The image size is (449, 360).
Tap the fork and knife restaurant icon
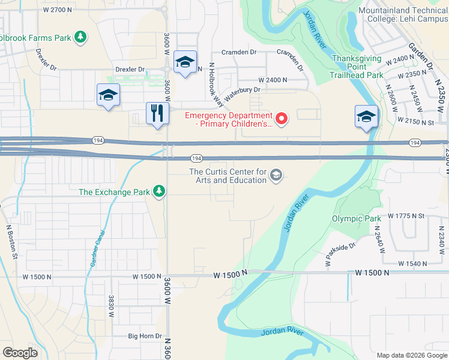157,112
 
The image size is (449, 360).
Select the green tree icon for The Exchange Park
159,191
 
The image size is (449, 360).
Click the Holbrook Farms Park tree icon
80,37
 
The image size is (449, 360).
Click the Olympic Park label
357,218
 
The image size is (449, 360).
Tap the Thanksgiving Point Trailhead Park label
357,67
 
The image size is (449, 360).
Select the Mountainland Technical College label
403,14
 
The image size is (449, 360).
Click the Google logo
20,352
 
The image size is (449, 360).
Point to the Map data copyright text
411,355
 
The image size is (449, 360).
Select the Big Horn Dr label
145,337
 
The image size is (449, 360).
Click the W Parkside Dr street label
340,254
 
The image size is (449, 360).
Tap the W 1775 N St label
406,215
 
